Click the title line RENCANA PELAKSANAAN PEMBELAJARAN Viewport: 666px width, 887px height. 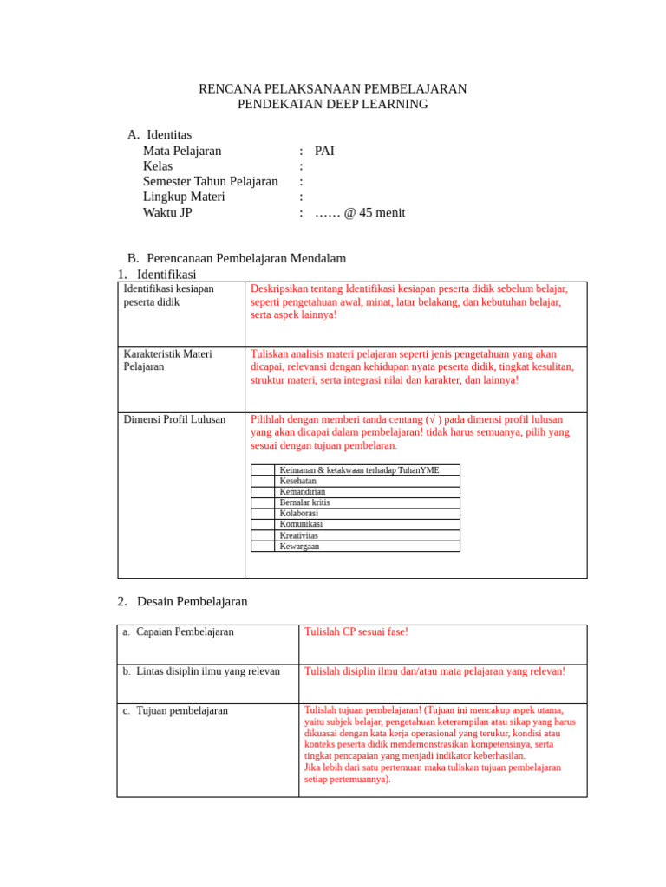point(333,88)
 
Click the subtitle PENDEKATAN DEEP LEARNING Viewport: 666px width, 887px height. point(333,104)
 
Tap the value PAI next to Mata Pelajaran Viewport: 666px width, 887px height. point(324,151)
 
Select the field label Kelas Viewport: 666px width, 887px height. point(158,166)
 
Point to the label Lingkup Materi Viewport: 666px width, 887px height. point(184,197)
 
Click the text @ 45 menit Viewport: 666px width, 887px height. point(374,212)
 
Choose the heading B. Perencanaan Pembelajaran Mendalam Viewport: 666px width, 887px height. point(237,258)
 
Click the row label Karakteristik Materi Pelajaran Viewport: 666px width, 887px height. point(168,360)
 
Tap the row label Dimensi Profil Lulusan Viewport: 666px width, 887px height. point(174,419)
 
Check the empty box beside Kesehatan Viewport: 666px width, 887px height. point(263,481)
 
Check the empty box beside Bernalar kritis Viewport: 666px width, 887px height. point(263,502)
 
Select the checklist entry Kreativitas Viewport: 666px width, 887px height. point(299,535)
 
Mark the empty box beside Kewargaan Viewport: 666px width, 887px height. point(263,547)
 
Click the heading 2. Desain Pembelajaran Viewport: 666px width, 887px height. point(183,601)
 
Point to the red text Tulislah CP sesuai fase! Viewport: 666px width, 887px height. point(356,631)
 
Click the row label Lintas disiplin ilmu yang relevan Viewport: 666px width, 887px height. point(208,671)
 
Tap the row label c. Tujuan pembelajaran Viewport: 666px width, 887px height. point(175,710)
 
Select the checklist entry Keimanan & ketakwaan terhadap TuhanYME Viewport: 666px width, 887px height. point(359,469)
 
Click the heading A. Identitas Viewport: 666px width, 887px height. point(160,134)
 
